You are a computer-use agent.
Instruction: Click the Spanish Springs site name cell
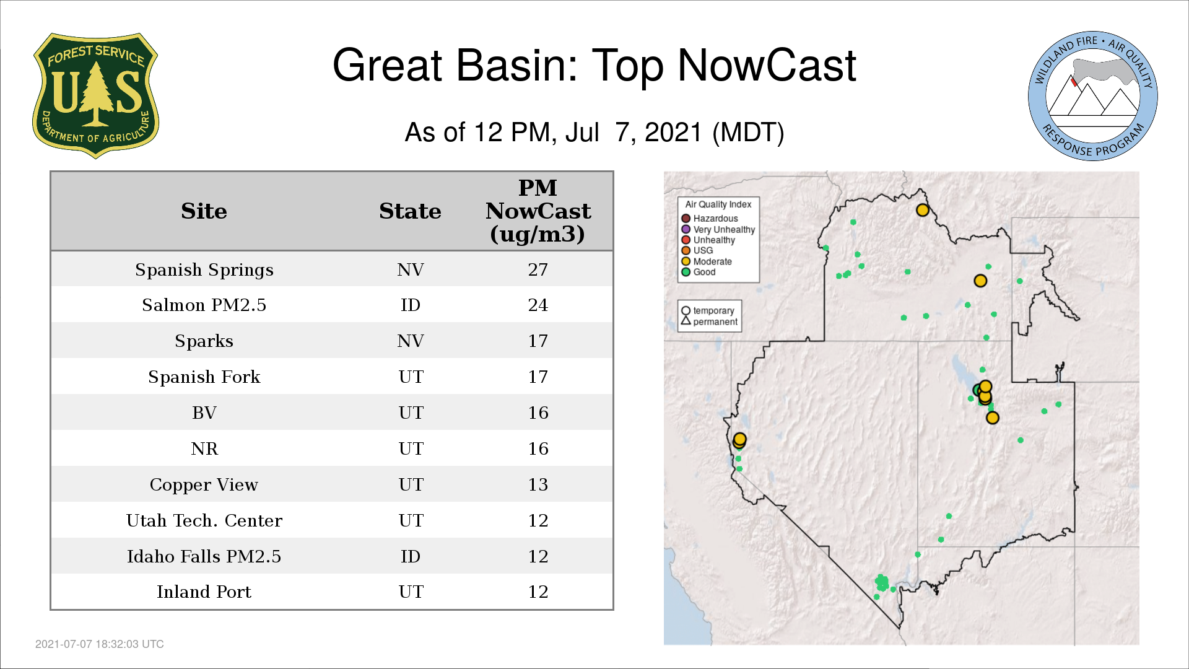(x=204, y=269)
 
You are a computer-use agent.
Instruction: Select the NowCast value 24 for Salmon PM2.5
(x=538, y=305)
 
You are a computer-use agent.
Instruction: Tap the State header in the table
(x=410, y=211)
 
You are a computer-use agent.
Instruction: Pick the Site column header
(x=204, y=211)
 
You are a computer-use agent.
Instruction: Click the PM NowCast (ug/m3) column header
(x=538, y=211)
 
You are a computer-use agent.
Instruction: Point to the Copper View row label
(x=204, y=484)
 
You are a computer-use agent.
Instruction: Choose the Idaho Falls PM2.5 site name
(x=204, y=556)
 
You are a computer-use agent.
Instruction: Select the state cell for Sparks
(x=410, y=341)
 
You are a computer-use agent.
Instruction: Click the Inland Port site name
(x=204, y=592)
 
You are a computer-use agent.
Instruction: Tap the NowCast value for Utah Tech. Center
(x=538, y=520)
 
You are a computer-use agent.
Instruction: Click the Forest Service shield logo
(x=95, y=96)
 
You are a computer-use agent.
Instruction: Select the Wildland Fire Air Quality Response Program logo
(x=1092, y=96)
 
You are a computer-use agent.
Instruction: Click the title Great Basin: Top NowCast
(x=594, y=65)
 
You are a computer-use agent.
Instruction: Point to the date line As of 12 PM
(x=594, y=133)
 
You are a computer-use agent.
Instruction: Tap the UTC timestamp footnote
(x=100, y=644)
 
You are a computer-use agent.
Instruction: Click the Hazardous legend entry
(x=710, y=219)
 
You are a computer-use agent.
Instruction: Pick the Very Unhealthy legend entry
(x=718, y=229)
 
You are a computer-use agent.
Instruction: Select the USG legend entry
(x=697, y=250)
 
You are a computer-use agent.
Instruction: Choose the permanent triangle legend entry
(x=710, y=321)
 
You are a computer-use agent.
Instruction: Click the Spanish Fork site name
(x=204, y=377)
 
